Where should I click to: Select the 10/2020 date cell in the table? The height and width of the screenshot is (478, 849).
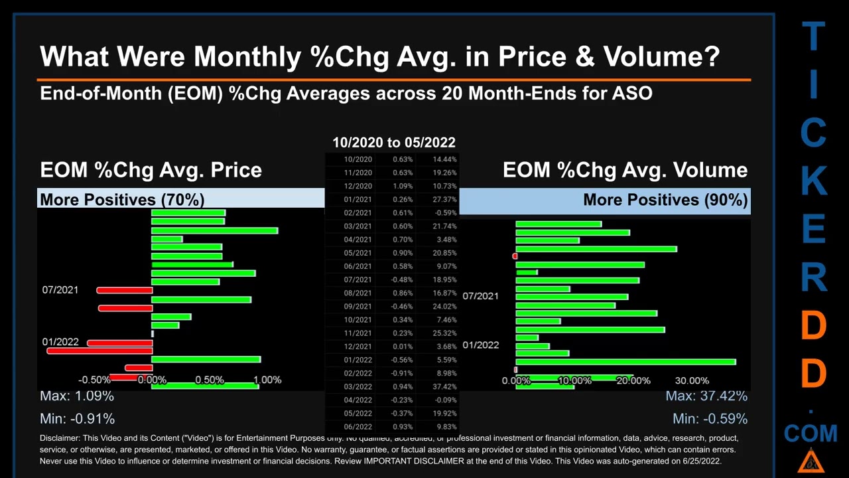click(358, 159)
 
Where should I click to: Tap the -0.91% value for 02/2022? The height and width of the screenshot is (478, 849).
click(402, 373)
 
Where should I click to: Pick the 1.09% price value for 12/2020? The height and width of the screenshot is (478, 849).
click(402, 186)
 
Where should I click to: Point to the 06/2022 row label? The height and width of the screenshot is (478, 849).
click(358, 426)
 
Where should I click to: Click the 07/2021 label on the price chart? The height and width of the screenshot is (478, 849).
click(60, 290)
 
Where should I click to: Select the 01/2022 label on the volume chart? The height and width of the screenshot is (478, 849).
click(480, 345)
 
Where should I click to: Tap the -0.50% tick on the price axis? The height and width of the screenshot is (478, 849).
click(94, 380)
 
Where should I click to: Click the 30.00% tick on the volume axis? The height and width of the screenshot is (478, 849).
click(692, 380)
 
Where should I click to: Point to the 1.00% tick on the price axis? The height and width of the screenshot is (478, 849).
click(267, 380)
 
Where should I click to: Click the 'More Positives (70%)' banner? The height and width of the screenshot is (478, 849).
click(122, 199)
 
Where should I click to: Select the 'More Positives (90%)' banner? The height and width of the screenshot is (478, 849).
click(665, 199)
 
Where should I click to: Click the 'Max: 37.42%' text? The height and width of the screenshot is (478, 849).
click(706, 396)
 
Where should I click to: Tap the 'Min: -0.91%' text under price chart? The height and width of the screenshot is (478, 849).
click(77, 419)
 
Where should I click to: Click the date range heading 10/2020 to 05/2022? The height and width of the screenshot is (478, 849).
click(394, 142)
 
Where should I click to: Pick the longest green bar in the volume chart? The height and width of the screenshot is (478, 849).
click(625, 362)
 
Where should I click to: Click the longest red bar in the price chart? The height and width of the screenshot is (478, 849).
click(99, 351)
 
